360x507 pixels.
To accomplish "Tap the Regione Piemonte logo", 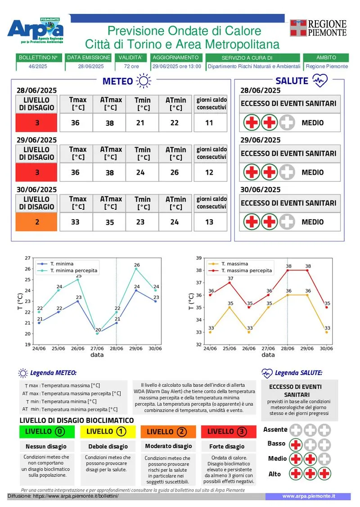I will point(319,28).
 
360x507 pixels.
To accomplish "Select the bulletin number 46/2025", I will point(38,66).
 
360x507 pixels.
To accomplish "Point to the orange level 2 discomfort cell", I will point(36,222).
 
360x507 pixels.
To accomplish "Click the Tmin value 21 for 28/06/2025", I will point(143,122).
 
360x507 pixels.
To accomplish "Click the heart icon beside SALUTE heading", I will point(319,81).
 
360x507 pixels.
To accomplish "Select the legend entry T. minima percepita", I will point(74,271).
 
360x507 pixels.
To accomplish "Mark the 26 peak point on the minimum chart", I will point(136,269).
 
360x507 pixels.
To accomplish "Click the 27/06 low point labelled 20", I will point(98,334).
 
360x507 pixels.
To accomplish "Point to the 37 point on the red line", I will point(230,282).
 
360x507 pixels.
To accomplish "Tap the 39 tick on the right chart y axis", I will point(199,258).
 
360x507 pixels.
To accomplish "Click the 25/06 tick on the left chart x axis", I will point(58,349).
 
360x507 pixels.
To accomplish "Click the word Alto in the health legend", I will point(274,474).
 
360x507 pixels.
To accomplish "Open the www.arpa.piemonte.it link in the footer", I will point(308,496).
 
